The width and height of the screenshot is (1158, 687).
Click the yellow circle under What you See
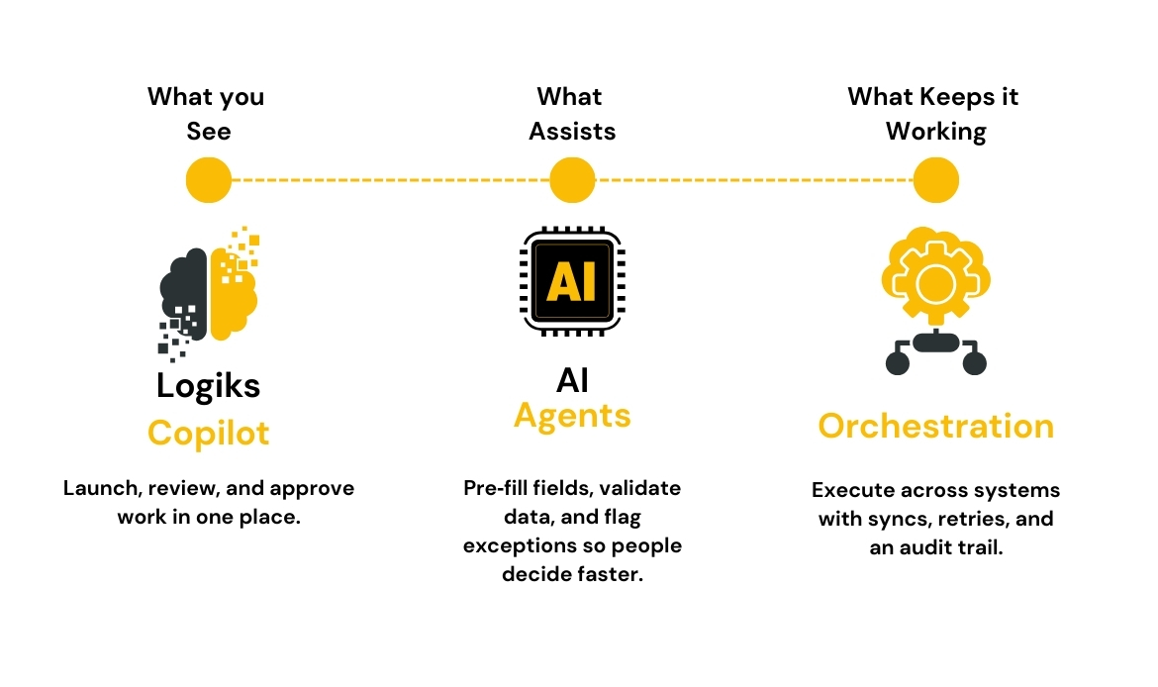209,181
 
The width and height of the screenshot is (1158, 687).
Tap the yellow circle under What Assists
572,181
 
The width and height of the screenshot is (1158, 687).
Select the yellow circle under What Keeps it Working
935,181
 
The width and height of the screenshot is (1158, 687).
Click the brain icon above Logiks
209,292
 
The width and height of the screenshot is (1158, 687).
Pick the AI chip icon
572,281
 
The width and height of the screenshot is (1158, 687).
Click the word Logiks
209,384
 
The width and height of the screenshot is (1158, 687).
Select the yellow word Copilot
209,433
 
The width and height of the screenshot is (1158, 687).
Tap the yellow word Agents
572,416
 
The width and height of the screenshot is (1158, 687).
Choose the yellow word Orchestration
935,426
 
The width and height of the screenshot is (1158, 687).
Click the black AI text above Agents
572,380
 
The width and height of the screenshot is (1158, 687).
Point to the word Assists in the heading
572,131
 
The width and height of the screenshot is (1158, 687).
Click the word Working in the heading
935,131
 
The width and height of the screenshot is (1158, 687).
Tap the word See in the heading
209,131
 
